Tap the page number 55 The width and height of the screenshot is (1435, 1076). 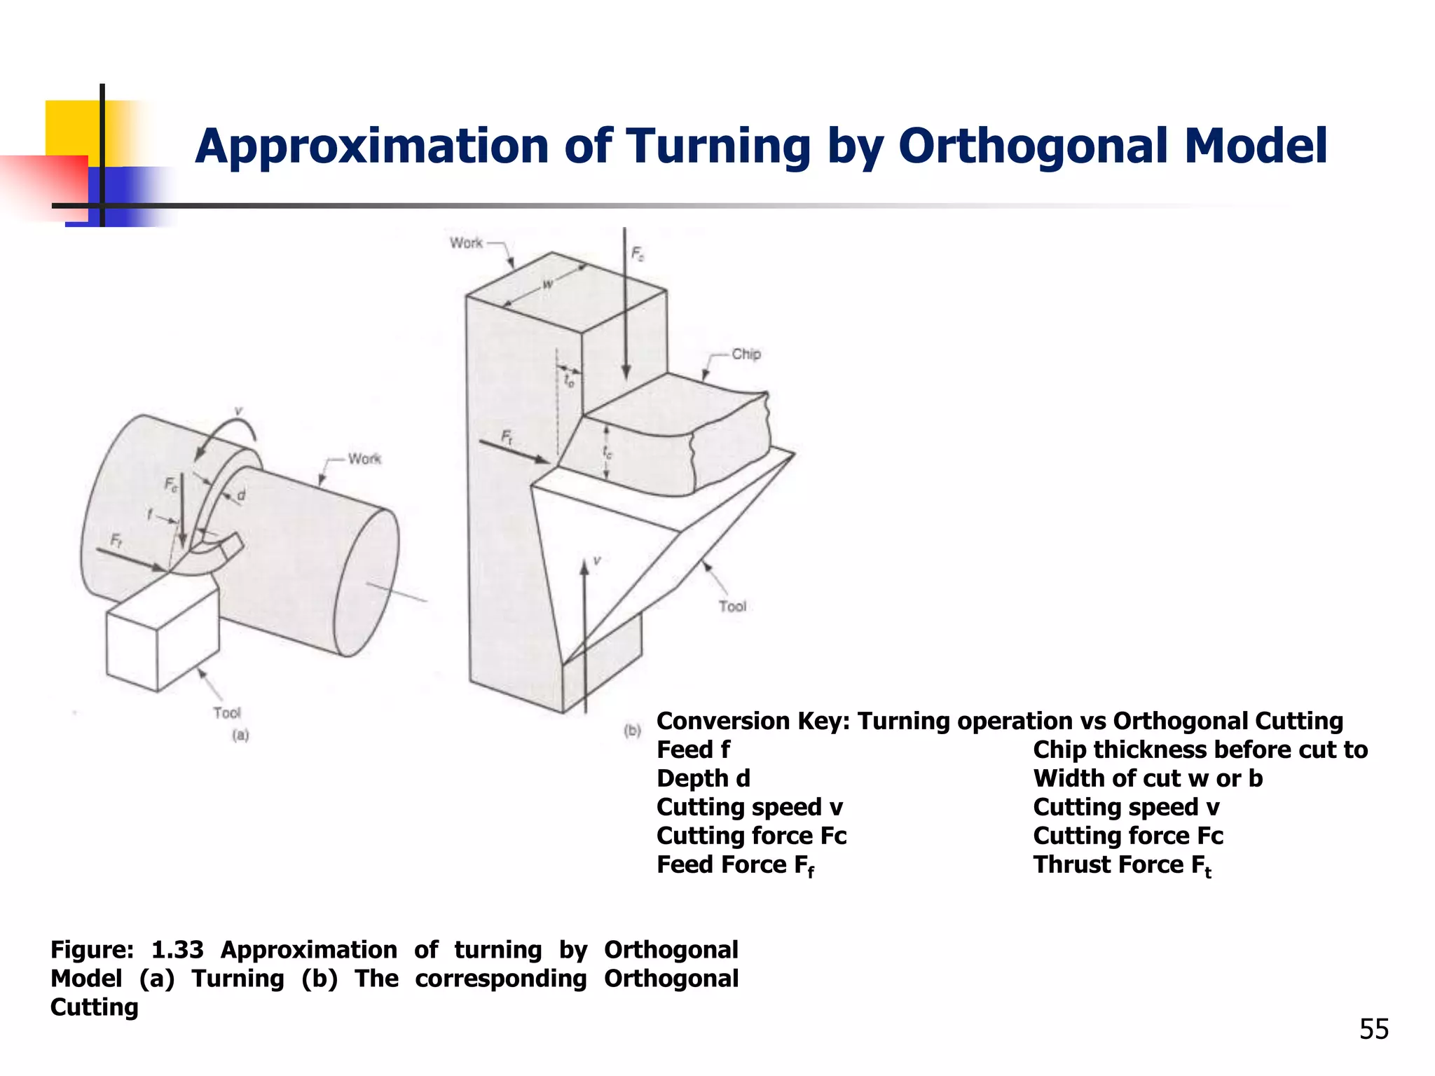click(1374, 1029)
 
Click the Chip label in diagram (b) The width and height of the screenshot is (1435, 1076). click(746, 354)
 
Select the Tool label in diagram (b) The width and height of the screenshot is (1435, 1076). click(732, 607)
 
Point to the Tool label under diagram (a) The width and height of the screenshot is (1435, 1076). click(227, 713)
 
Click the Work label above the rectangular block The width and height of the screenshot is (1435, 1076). click(466, 243)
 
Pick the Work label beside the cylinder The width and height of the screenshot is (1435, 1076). click(364, 459)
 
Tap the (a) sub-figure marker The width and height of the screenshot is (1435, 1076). click(240, 735)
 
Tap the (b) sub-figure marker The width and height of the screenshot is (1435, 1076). click(632, 731)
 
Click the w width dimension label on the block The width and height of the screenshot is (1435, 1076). click(548, 283)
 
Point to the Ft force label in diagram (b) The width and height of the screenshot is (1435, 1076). click(507, 438)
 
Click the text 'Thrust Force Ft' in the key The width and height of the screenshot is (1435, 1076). click(1121, 865)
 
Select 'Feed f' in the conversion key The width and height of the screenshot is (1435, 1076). click(693, 750)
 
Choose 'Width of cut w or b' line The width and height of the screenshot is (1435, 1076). click(1147, 779)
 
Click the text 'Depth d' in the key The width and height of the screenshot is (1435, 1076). click(703, 779)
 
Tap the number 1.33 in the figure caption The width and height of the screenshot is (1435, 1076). click(177, 950)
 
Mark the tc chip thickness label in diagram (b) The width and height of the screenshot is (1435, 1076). click(607, 453)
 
